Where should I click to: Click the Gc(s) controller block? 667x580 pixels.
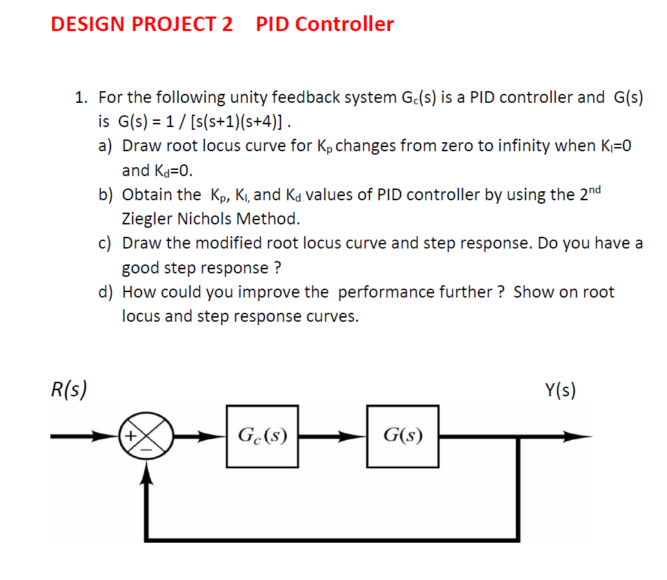coord(262,436)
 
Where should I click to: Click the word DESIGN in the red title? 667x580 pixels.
coord(88,24)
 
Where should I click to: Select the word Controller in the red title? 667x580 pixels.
coord(345,24)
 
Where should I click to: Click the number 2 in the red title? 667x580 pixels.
coord(227,24)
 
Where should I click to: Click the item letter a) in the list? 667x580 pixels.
coord(105,146)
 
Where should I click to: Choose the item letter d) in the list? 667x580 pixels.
coord(105,292)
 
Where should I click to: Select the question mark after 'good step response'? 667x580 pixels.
coord(278,267)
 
